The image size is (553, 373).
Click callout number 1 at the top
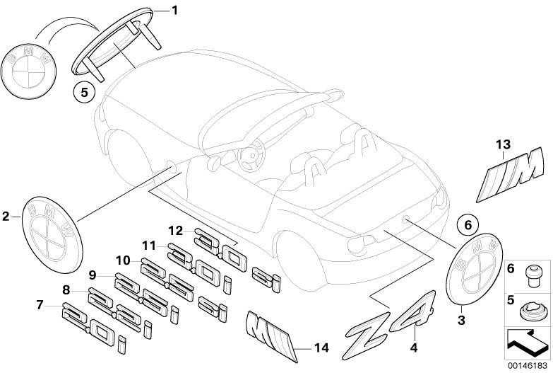(x=174, y=11)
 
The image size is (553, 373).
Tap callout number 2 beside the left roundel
(x=6, y=216)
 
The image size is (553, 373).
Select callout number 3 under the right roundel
(x=461, y=321)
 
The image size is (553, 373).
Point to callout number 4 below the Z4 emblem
(x=414, y=348)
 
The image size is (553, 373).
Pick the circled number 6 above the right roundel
(x=468, y=224)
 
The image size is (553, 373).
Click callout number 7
(x=40, y=304)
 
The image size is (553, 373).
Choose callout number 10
(x=123, y=261)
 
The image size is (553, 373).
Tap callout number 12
(x=176, y=231)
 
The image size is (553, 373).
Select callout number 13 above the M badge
(x=504, y=144)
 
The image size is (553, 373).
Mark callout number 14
(x=321, y=348)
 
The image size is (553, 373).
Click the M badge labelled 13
(x=510, y=174)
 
